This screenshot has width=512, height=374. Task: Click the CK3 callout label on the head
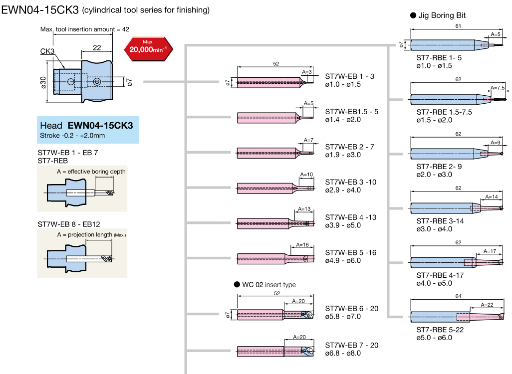[x=47, y=51]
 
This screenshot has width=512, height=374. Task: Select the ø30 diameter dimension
[x=43, y=83]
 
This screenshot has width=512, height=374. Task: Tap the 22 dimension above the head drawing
[x=97, y=47]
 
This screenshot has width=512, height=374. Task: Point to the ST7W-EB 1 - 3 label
[x=349, y=76]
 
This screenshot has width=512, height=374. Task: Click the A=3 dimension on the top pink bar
[x=307, y=72]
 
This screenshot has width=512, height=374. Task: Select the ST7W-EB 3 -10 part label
[x=351, y=182]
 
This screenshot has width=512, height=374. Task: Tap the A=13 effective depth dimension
[x=303, y=209]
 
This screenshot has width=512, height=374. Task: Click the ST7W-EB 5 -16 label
[x=351, y=252]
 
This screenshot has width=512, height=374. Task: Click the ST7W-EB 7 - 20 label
[x=351, y=345]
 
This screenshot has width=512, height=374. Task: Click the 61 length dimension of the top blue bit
[x=458, y=26]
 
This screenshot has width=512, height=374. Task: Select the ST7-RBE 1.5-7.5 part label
[x=444, y=112]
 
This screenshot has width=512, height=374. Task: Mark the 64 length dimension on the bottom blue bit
[x=459, y=296]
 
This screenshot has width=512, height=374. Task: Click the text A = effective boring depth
[x=91, y=172]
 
